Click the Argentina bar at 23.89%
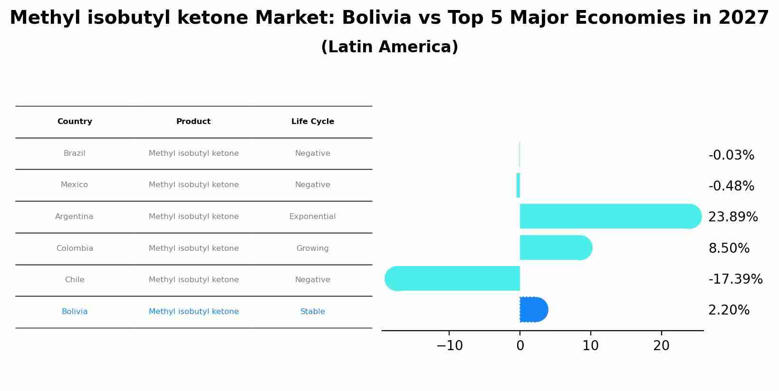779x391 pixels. [608, 216]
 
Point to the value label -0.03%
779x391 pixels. [731, 155]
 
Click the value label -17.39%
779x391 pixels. [735, 279]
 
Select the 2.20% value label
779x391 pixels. [729, 310]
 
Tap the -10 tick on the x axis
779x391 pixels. [449, 346]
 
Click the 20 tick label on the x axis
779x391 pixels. [661, 346]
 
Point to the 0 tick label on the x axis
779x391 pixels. [520, 346]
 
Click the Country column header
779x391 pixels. [75, 122]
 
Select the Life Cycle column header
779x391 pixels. [313, 122]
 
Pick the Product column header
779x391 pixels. [193, 122]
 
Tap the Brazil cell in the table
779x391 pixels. [75, 153]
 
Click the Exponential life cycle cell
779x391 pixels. [313, 217]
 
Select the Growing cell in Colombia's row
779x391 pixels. [313, 248]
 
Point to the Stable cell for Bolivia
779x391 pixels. [313, 312]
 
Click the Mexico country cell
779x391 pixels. [75, 185]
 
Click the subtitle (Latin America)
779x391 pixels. [389, 47]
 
